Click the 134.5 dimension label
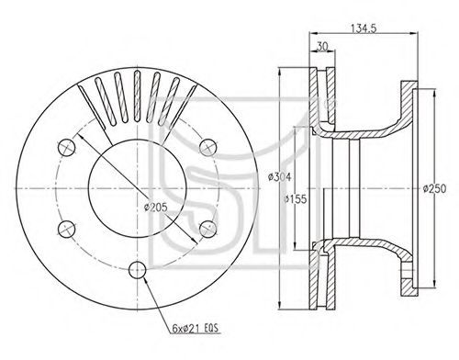[x=364, y=28]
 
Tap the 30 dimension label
[x=321, y=46]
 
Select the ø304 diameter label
[x=279, y=177]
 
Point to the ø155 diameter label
[x=295, y=199]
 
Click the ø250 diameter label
[x=435, y=188]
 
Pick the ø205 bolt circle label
[x=156, y=208]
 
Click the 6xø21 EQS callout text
[x=196, y=329]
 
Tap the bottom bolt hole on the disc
[x=138, y=270]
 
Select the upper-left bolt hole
[x=67, y=148]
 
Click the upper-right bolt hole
[x=208, y=148]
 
